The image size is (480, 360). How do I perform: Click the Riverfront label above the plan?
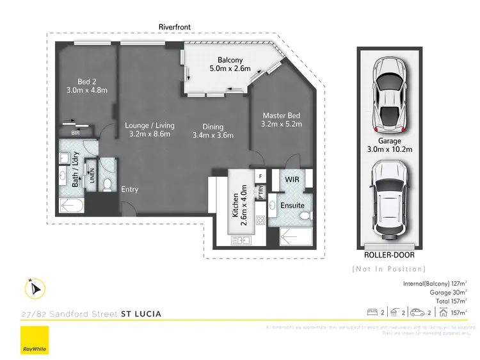pyautogui.click(x=175, y=27)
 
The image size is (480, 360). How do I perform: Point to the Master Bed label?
pyautogui.click(x=281, y=120)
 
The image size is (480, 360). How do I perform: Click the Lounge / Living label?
pyautogui.click(x=149, y=131)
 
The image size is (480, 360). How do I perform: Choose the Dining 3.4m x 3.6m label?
pyautogui.click(x=213, y=131)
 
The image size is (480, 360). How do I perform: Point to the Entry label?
pyautogui.click(x=129, y=190)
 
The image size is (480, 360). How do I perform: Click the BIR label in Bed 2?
pyautogui.click(x=76, y=133)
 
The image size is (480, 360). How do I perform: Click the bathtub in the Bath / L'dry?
pyautogui.click(x=72, y=206)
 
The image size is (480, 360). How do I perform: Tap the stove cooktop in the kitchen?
pyautogui.click(x=260, y=220)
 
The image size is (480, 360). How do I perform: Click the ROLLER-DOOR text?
pyautogui.click(x=389, y=255)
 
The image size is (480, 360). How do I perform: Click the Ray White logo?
pyautogui.click(x=35, y=340)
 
